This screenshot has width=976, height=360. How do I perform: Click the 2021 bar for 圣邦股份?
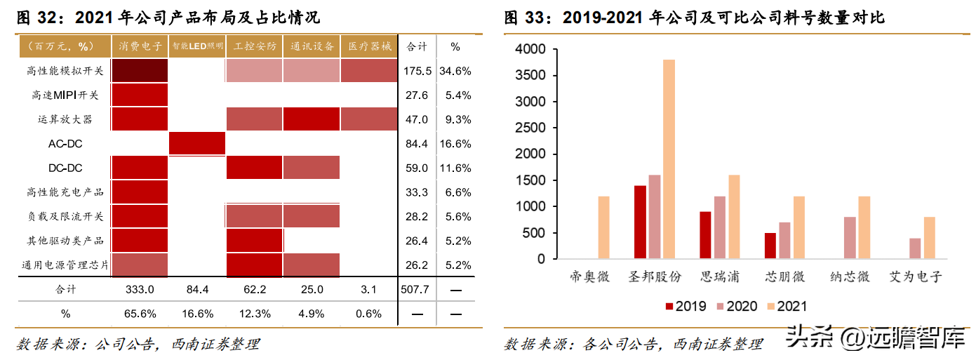tap(669, 159)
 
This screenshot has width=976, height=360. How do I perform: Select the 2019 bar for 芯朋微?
tap(770, 246)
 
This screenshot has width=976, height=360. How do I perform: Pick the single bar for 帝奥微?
tap(603, 227)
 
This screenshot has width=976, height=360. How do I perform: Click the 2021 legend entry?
tap(784, 306)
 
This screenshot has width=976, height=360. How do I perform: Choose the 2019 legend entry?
tap(685, 306)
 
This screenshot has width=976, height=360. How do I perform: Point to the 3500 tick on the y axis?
tap(530, 76)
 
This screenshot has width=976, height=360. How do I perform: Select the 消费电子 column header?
tap(140, 46)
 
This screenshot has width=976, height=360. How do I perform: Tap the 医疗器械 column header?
tap(369, 46)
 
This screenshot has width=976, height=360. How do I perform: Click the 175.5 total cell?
tap(417, 71)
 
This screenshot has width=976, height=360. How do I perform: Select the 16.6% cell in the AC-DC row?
tap(455, 144)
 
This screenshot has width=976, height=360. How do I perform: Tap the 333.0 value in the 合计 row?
tap(140, 289)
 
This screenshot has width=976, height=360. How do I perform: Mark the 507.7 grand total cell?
tap(417, 289)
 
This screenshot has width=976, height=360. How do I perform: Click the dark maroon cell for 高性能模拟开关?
tap(140, 71)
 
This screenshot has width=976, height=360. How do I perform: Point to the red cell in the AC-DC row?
tap(197, 144)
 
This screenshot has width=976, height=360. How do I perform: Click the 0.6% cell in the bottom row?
tap(369, 313)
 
